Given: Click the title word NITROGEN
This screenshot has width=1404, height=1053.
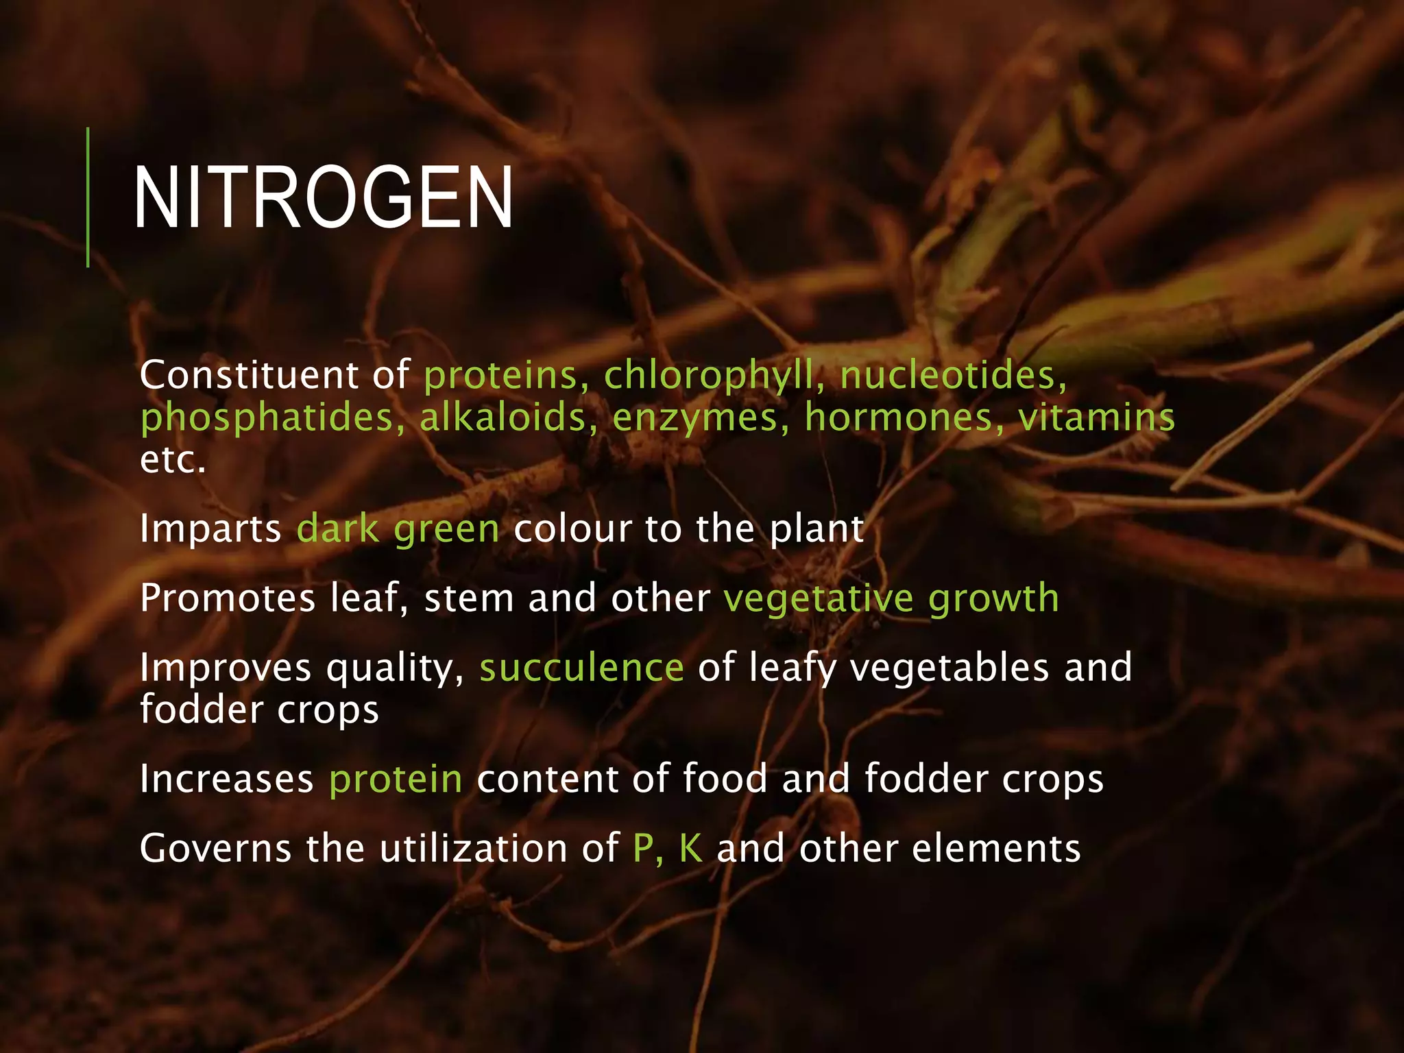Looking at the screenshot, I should (323, 198).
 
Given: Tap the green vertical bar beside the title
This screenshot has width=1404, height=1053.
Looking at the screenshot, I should (88, 197).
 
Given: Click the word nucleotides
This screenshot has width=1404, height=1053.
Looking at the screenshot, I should (953, 376).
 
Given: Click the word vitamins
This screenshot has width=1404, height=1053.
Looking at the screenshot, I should (1096, 417).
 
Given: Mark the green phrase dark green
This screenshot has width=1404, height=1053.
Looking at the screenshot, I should (398, 529).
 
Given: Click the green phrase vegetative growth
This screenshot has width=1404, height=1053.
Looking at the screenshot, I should (891, 598).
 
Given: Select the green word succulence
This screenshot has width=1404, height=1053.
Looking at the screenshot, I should (581, 668).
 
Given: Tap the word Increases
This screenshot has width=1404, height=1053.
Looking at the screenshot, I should (227, 779).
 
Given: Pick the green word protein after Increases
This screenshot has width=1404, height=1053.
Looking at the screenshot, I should (396, 780).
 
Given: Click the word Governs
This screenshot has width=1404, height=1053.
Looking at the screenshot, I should (215, 848).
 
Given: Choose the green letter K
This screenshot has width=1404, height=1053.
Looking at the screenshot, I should (691, 848).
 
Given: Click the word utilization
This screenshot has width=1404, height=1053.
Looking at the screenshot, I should (474, 848).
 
